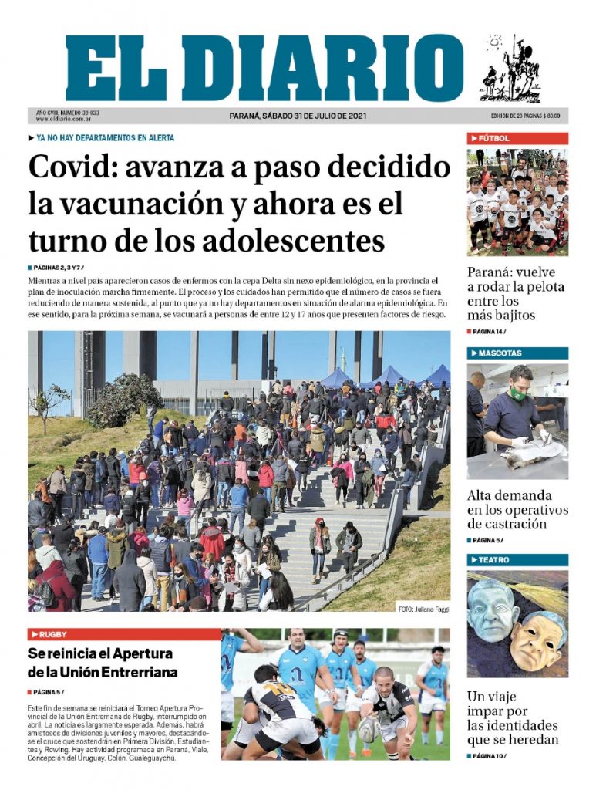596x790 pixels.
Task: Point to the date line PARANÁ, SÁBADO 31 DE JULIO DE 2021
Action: pyautogui.click(x=298, y=116)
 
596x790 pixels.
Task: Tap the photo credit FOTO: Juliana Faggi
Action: pyautogui.click(x=423, y=609)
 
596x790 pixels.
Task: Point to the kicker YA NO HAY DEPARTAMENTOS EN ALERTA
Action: pyautogui.click(x=105, y=138)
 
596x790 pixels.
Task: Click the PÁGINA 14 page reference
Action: pyautogui.click(x=488, y=332)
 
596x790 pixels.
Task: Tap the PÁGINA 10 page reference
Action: pyautogui.click(x=488, y=756)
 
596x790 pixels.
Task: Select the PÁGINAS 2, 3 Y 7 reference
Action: pyautogui.click(x=59, y=267)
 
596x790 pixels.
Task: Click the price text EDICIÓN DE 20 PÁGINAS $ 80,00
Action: pyautogui.click(x=525, y=116)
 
